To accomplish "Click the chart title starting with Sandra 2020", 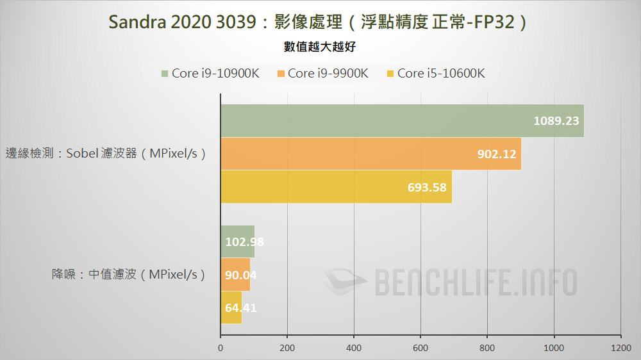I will pyautogui.click(x=320, y=22).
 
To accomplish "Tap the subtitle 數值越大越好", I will pyautogui.click(x=320, y=47).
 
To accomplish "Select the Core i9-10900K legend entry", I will pyautogui.click(x=210, y=73).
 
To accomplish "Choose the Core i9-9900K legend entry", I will pyautogui.click(x=322, y=73).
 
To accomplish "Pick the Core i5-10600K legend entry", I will pyautogui.click(x=434, y=73).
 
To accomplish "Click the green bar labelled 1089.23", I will pyautogui.click(x=402, y=121).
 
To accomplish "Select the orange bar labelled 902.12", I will pyautogui.click(x=370, y=154).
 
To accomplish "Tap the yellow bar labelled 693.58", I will pyautogui.click(x=336, y=186).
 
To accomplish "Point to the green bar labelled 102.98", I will pyautogui.click(x=237, y=241).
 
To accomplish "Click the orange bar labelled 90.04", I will pyautogui.click(x=235, y=274).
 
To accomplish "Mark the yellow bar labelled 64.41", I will pyautogui.click(x=231, y=307).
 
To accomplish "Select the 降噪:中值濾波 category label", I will pyautogui.click(x=129, y=274).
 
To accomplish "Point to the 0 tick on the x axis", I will pyautogui.click(x=221, y=348).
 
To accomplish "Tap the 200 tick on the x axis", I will pyautogui.click(x=287, y=348).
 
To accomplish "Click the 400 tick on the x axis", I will pyautogui.click(x=354, y=348).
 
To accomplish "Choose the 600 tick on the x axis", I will pyautogui.click(x=420, y=348).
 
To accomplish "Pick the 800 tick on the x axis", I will pyautogui.click(x=487, y=348).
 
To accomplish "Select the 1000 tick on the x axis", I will pyautogui.click(x=554, y=348).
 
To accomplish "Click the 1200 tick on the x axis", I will pyautogui.click(x=620, y=348).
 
